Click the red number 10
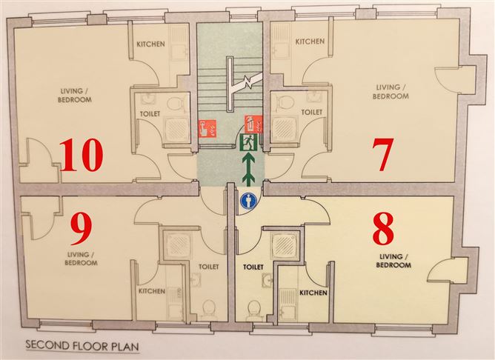pos(81,155)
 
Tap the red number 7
pos(382,154)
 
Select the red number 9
pos(81,228)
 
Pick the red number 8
pos(383,228)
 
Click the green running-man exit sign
pos(249,142)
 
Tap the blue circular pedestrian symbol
pos(249,201)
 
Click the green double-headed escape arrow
pos(250,168)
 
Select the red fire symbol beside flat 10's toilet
pos(207,128)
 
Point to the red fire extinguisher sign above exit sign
pos(254,124)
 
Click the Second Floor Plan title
pos(82,345)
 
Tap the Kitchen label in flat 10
pos(150,44)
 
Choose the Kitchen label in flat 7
pos(310,41)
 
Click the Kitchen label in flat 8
pos(313,293)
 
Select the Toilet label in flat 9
pos(209,267)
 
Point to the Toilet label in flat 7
pos(311,113)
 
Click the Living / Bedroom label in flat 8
pos(393,261)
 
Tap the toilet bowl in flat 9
pos(208,308)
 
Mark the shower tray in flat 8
pos(285,245)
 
